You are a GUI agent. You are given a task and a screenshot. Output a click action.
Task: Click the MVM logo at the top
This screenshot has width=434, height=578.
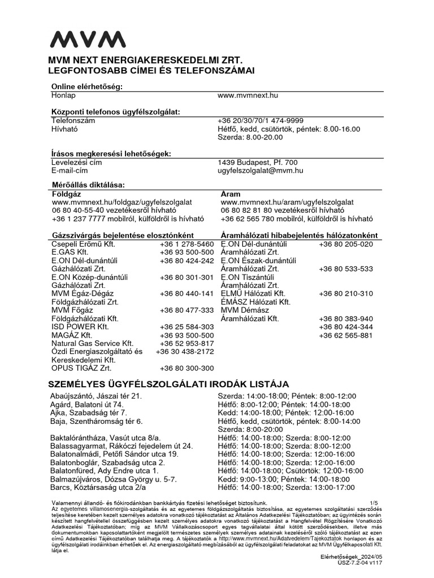point(88,40)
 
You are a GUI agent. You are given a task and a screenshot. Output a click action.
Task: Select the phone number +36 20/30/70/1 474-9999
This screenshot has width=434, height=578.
point(261,121)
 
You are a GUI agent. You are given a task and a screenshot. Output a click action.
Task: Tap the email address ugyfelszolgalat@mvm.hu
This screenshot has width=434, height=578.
point(261,170)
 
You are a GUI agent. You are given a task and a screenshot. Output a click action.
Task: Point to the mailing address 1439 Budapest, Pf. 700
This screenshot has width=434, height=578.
point(257,162)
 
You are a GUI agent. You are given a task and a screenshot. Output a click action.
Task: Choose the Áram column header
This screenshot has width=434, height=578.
point(230,194)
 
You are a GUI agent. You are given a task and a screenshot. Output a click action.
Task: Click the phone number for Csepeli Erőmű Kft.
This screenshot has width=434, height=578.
point(186,244)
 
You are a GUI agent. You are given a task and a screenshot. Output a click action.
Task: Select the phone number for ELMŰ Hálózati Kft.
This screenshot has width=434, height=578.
point(346,294)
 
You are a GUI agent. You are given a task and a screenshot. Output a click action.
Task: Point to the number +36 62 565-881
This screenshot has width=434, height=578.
point(346,335)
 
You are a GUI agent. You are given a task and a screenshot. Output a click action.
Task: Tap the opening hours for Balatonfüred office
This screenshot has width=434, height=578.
point(290,471)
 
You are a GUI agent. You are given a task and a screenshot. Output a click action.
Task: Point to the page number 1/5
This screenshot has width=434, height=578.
point(373,502)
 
